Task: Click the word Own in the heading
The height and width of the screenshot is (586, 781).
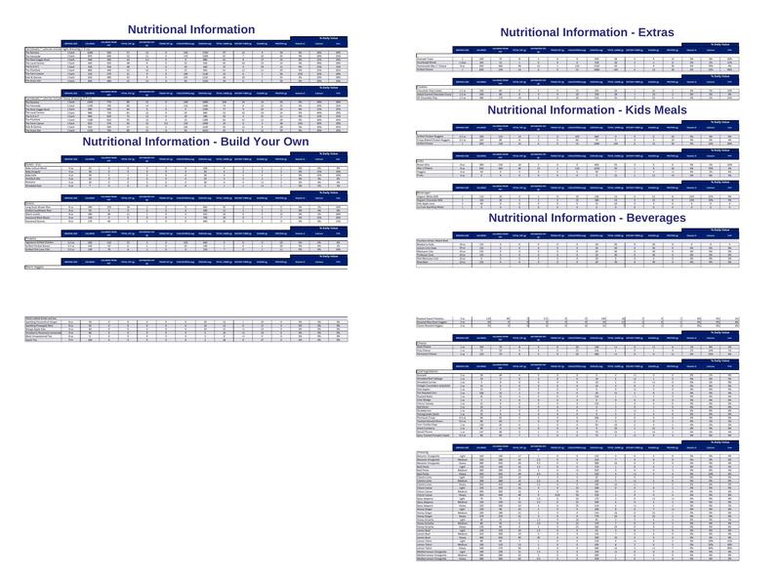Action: tap(293, 142)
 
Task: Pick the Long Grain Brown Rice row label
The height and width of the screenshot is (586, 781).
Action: tap(42, 207)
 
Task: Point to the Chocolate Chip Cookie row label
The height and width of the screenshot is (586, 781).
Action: tap(431, 91)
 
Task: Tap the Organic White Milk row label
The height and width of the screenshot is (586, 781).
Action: tap(429, 196)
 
